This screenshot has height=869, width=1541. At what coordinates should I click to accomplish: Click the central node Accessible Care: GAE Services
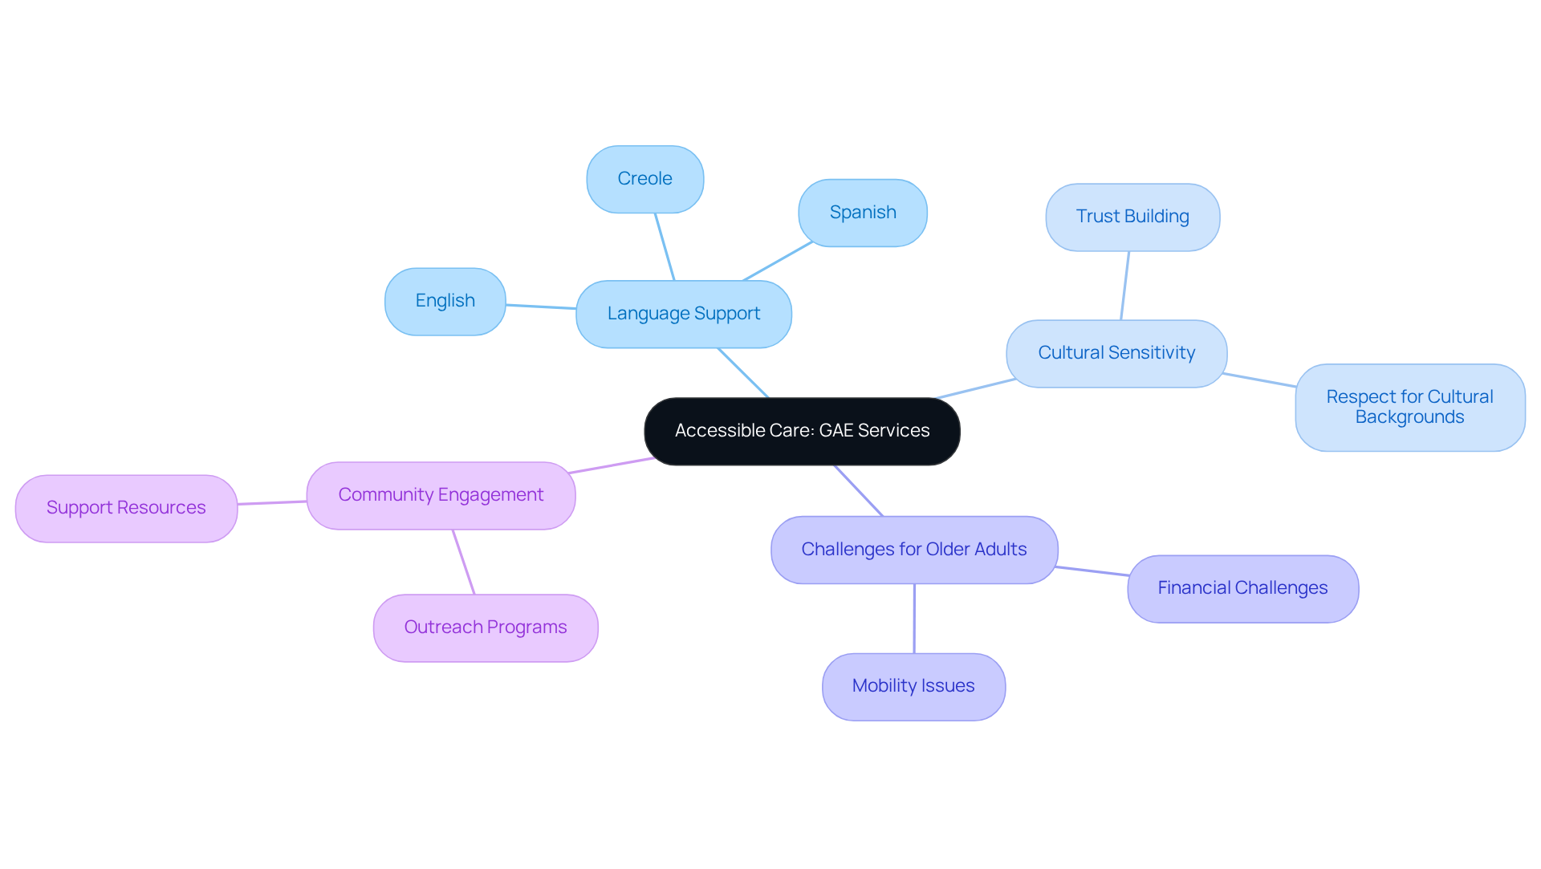[x=802, y=431]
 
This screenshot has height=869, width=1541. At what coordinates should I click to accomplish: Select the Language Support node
[x=683, y=314]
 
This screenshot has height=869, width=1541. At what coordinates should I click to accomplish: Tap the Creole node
[x=644, y=179]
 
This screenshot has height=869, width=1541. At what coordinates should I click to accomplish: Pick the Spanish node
[x=862, y=213]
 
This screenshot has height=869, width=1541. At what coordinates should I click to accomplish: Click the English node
[x=445, y=301]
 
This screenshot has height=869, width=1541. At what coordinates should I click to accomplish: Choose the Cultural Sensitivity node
[x=1116, y=353]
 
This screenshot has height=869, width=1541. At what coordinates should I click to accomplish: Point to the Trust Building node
[x=1132, y=217]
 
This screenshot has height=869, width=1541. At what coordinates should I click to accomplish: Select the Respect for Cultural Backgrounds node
[x=1409, y=407]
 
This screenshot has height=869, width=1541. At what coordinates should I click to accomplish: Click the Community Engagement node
[x=441, y=495]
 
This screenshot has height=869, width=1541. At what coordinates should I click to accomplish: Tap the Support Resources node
[x=126, y=508]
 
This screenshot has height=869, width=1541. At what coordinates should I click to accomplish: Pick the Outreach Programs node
[x=485, y=627]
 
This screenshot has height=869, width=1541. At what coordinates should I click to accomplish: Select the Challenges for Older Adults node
[x=913, y=550]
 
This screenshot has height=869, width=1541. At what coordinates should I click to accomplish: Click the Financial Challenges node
[x=1242, y=588]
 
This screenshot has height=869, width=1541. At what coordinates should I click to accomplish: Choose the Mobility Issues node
[x=913, y=686]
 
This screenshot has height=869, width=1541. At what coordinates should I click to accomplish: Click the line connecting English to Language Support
[x=541, y=307]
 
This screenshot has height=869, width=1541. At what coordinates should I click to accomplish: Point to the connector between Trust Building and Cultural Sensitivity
[x=1124, y=286]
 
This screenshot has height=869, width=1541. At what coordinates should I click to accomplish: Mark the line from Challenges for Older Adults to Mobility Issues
[x=913, y=618]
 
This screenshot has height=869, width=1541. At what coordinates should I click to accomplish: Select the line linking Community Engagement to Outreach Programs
[x=463, y=562]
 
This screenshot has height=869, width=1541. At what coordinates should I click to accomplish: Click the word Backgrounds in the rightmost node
[x=1409, y=417]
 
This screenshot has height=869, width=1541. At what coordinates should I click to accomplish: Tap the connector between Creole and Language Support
[x=665, y=246]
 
